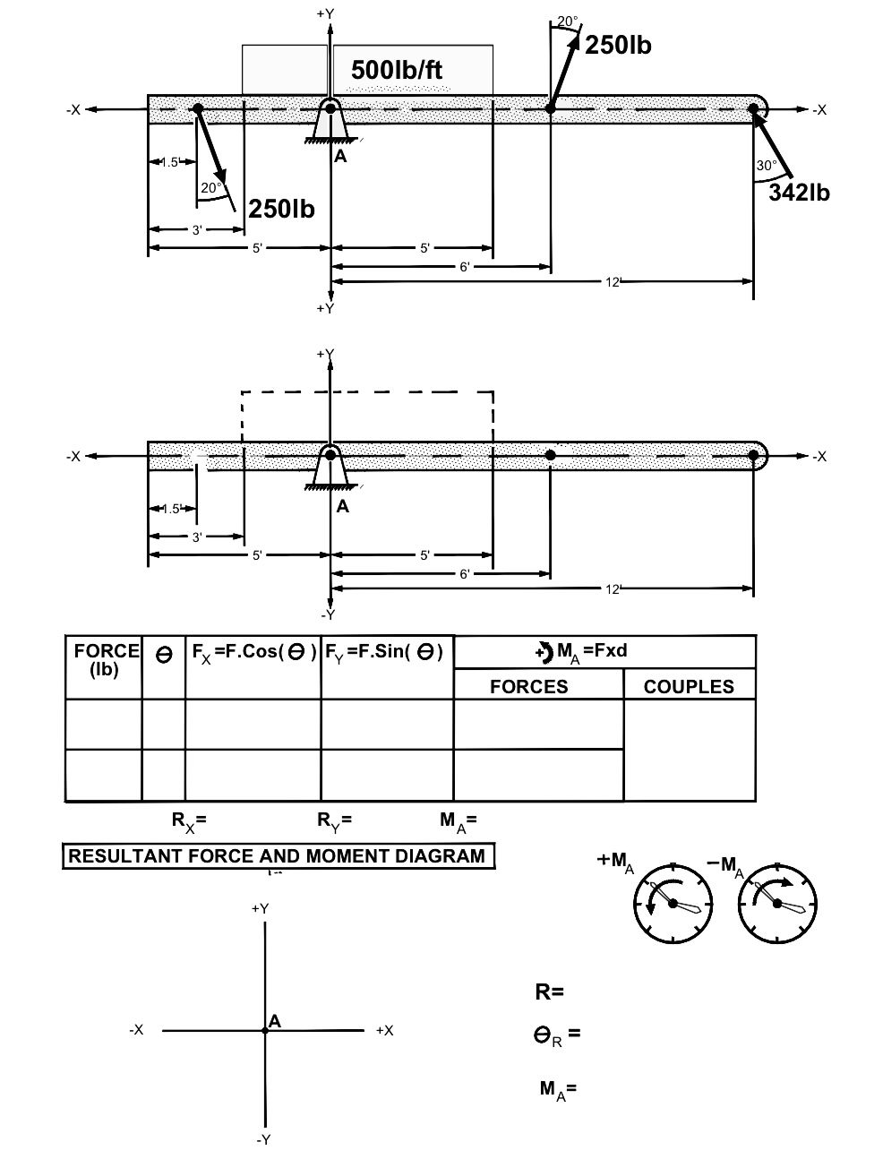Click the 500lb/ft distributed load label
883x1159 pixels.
pos(397,70)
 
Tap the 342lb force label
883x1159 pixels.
pos(799,193)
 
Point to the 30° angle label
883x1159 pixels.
pos(767,166)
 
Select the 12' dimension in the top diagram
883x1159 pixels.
pos(613,282)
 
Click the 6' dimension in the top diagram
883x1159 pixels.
pos(465,267)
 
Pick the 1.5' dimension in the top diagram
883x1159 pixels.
pos(170,162)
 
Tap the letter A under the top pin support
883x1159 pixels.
pos(340,156)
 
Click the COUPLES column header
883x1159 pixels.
pos(689,686)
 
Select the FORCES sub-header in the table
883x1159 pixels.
pos(529,686)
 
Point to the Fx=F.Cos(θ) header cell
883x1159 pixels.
pos(253,653)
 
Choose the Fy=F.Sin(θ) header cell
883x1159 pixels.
pos(383,653)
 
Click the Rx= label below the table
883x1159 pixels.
pos(189,821)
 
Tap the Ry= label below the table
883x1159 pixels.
pos(334,821)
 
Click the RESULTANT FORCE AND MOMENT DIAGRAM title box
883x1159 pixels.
pos(279,855)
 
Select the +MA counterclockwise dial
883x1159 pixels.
pos(673,904)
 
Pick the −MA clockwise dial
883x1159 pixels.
pos(777,904)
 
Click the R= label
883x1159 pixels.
pos(550,992)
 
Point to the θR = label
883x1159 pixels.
pos(557,1035)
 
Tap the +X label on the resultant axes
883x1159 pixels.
pos(385,1030)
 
